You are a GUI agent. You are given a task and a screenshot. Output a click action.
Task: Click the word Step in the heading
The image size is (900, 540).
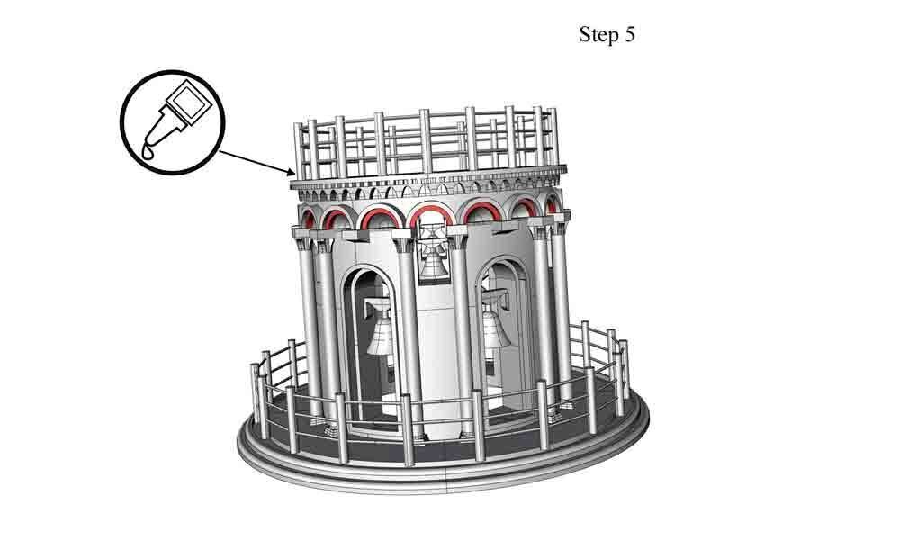pyautogui.click(x=598, y=35)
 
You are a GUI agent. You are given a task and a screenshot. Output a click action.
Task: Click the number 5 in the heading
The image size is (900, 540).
pyautogui.click(x=629, y=35)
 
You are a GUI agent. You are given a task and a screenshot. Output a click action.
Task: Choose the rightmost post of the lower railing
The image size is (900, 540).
pyautogui.click(x=624, y=369)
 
